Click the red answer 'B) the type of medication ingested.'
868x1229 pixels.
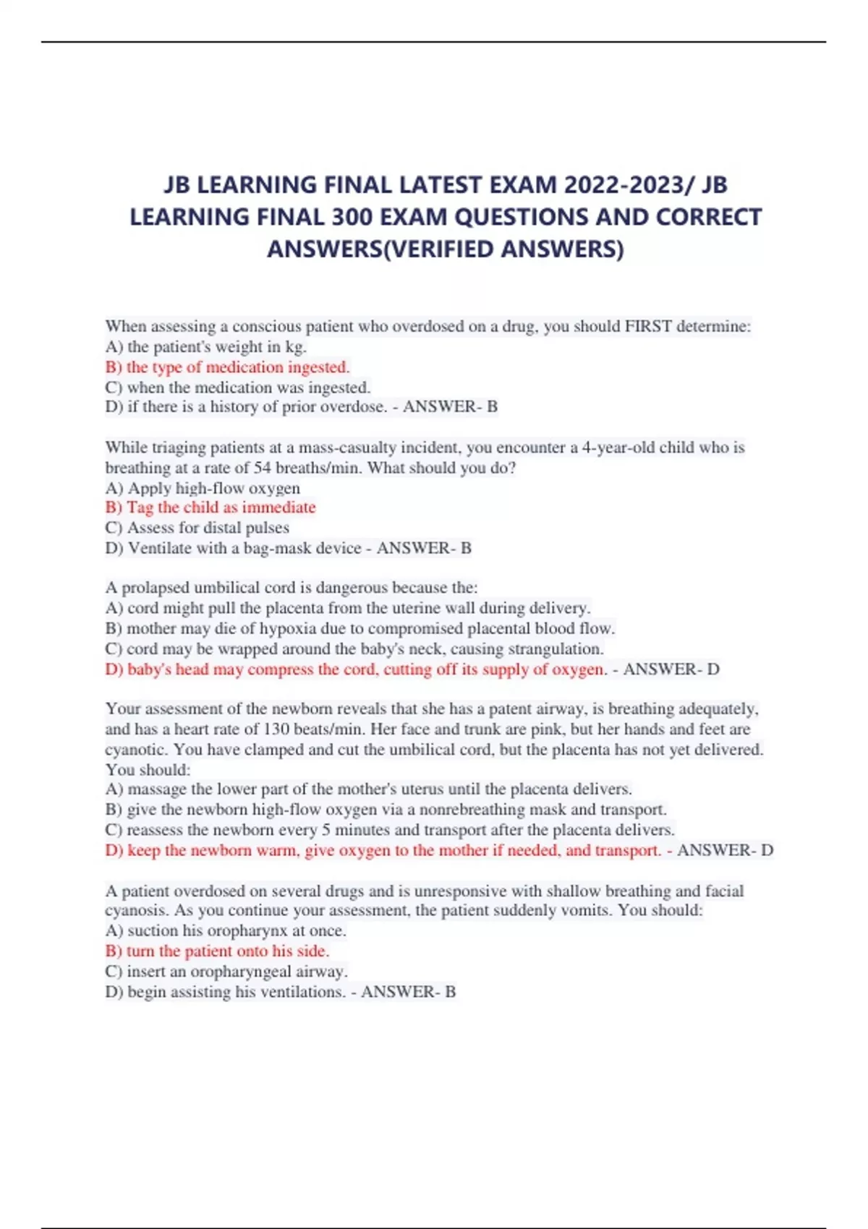227,367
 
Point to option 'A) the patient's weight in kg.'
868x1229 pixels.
206,347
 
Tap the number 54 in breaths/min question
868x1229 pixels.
264,468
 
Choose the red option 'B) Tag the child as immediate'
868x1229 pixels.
210,508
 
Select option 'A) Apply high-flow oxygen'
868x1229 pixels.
203,488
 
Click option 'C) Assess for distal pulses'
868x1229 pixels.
197,528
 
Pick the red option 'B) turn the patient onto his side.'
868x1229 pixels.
217,951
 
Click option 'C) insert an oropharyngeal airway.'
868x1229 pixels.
226,972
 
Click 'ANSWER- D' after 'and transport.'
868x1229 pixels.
725,850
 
